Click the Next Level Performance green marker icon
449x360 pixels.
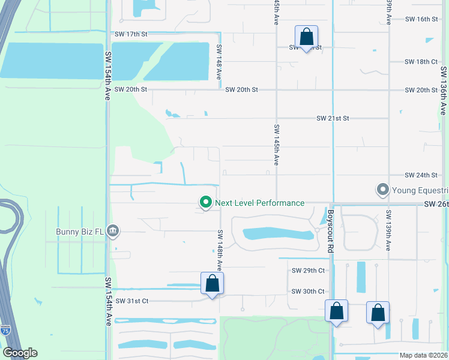coord(206,203)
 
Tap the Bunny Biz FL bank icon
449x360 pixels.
coord(112,230)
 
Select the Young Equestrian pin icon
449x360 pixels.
coord(382,190)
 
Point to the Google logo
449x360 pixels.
coord(20,353)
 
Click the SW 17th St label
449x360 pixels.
coord(131,34)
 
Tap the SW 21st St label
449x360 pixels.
coord(333,119)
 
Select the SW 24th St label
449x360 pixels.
coord(421,175)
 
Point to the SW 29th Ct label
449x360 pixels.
coord(308,271)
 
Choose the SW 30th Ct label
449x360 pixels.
coord(308,292)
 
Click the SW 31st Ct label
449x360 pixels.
coord(131,301)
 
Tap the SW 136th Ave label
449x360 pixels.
coord(444,91)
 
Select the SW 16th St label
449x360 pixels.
coord(421,19)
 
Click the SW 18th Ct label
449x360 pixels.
coord(421,62)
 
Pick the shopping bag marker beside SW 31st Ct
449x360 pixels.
coord(212,283)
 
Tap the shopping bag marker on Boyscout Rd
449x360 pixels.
coord(336,311)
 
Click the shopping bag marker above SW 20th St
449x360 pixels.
coord(306,37)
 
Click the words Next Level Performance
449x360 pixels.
coord(259,203)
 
